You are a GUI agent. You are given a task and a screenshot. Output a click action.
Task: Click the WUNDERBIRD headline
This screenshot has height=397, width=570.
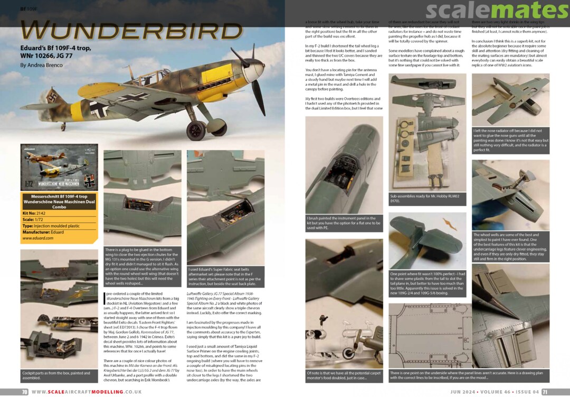tap(132, 30)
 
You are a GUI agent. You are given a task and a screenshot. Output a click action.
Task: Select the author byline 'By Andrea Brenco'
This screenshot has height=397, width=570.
tap(41, 65)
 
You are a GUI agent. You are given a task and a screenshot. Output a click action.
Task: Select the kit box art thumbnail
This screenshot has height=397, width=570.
tap(59, 168)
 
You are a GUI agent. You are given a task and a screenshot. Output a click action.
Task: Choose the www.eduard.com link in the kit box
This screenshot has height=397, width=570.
tap(37, 238)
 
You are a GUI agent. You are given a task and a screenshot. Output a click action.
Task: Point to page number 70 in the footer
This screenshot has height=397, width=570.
tap(24, 392)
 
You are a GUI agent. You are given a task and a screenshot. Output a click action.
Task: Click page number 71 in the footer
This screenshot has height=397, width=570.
tap(545, 392)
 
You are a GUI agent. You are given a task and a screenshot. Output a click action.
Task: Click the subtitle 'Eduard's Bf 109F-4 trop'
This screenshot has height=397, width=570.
tap(55, 48)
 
